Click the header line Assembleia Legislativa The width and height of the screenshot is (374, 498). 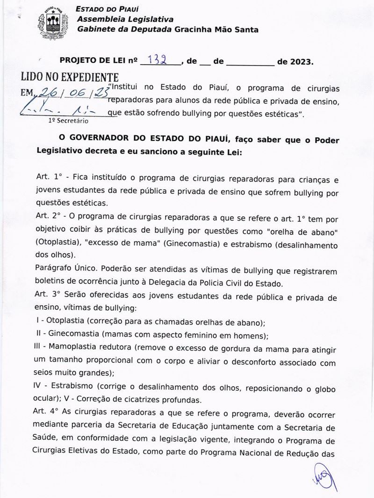pos(125,19)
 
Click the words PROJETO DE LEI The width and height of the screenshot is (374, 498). pos(93,61)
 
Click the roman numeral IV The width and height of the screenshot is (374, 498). pos(40,388)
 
